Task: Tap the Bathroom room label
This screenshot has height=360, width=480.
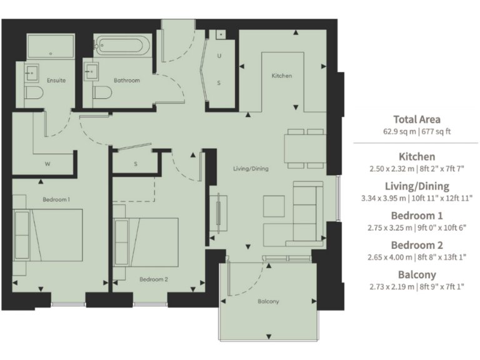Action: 126,81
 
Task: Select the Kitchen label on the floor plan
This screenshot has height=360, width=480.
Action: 281,76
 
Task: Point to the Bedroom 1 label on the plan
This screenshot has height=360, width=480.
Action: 56,199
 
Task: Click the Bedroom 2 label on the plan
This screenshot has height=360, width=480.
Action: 154,279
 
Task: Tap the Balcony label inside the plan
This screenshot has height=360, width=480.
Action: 267,302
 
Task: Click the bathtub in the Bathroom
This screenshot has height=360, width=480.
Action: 122,45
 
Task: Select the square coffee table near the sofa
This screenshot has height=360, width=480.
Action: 273,205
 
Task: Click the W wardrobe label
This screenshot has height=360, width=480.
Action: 47,164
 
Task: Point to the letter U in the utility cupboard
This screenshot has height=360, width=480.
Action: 219,56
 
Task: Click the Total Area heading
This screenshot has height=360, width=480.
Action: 416,119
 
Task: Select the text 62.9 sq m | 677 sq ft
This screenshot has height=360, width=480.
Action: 416,132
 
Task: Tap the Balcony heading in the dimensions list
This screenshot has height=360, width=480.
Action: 416,274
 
